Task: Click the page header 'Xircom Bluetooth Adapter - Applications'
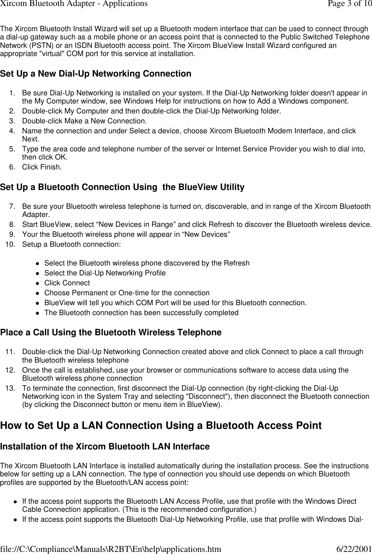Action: tap(69, 4)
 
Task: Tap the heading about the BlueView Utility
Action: tap(122, 187)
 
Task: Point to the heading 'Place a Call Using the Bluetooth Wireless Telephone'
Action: tap(111, 332)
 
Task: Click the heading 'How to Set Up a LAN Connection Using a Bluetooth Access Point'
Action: tap(161, 425)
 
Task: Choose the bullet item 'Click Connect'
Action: tap(67, 283)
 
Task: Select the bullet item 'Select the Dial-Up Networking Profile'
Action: tap(105, 273)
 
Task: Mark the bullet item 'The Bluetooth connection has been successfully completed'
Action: tap(141, 313)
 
